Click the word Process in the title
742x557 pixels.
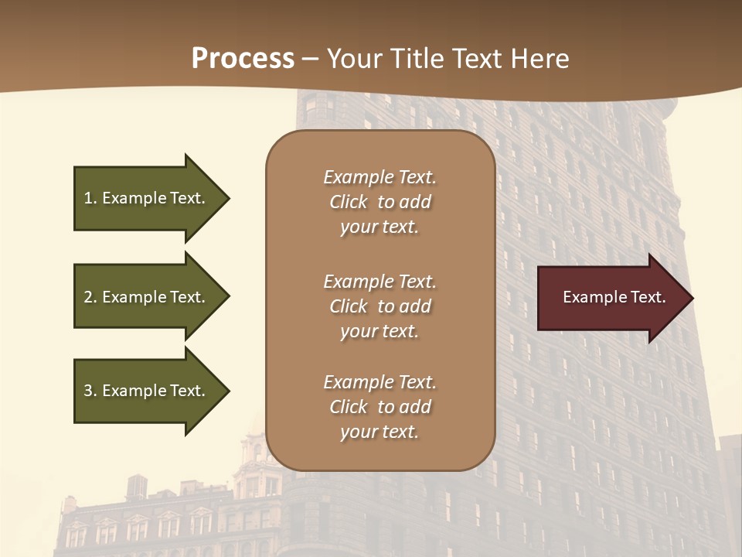(243, 59)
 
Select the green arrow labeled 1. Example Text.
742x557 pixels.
(147, 198)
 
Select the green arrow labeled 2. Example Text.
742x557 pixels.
(147, 297)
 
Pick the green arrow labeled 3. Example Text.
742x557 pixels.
(147, 391)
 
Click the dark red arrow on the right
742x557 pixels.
(611, 298)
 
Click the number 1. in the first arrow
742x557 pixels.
(90, 199)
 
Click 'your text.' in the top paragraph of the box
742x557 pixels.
(380, 227)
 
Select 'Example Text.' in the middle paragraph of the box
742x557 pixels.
(380, 282)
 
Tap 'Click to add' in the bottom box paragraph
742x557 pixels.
(380, 407)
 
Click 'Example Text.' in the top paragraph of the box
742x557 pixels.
(380, 177)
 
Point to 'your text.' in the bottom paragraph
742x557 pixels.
(380, 432)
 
